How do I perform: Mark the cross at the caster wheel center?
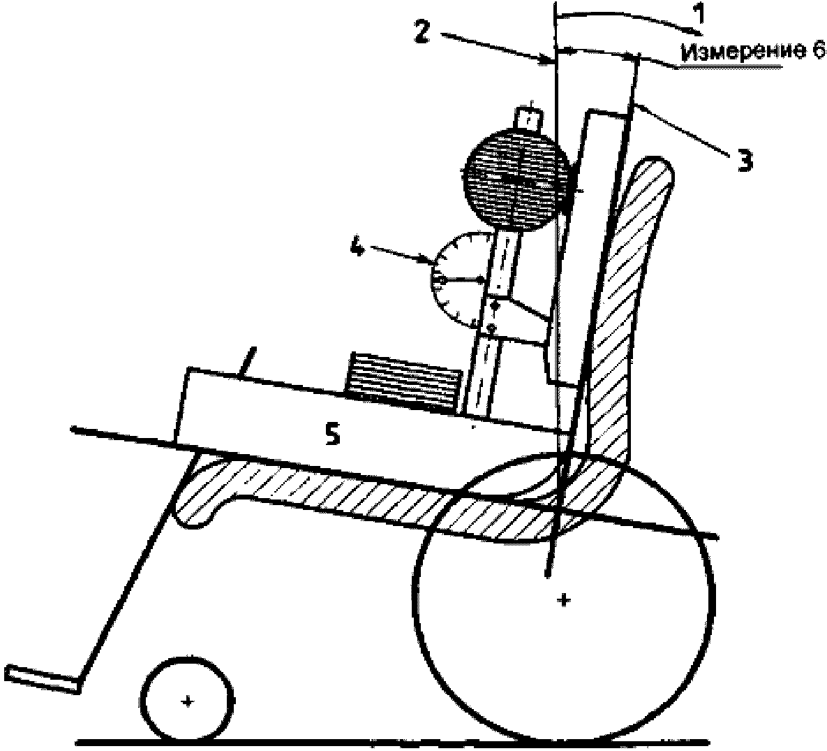click(186, 701)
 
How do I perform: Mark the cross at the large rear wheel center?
click(565, 599)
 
